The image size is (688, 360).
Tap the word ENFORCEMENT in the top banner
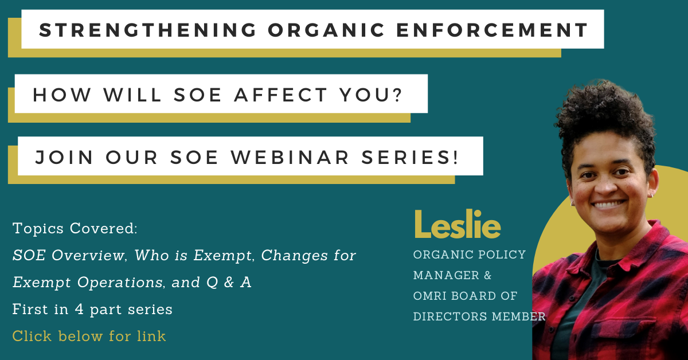(492, 30)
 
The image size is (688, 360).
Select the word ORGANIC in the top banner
(326, 30)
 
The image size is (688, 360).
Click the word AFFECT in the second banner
(281, 95)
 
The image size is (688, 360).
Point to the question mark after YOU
(397, 95)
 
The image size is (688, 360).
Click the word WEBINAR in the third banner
(290, 157)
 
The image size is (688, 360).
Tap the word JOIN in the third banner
(64, 157)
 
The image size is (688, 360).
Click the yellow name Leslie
(458, 224)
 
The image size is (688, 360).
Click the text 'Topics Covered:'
(75, 229)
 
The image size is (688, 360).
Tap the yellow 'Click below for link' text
(89, 336)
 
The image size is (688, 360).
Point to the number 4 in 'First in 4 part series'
(79, 309)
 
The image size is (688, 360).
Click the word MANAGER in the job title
(446, 275)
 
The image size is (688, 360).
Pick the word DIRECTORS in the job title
(450, 316)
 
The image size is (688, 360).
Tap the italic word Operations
(120, 283)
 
